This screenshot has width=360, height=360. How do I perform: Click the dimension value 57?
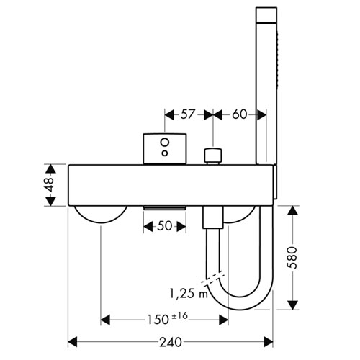[187, 114]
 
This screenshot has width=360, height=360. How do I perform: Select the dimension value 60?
[239, 114]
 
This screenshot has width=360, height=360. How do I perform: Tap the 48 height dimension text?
[50, 184]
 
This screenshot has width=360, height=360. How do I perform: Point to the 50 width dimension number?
[165, 226]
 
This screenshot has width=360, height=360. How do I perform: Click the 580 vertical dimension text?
[292, 257]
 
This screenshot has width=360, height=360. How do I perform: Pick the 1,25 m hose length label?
[189, 294]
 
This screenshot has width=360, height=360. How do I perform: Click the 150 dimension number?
[158, 320]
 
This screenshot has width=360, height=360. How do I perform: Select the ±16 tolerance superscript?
[180, 316]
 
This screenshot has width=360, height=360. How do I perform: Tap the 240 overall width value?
[171, 342]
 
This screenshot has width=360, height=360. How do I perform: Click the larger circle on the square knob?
[165, 142]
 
